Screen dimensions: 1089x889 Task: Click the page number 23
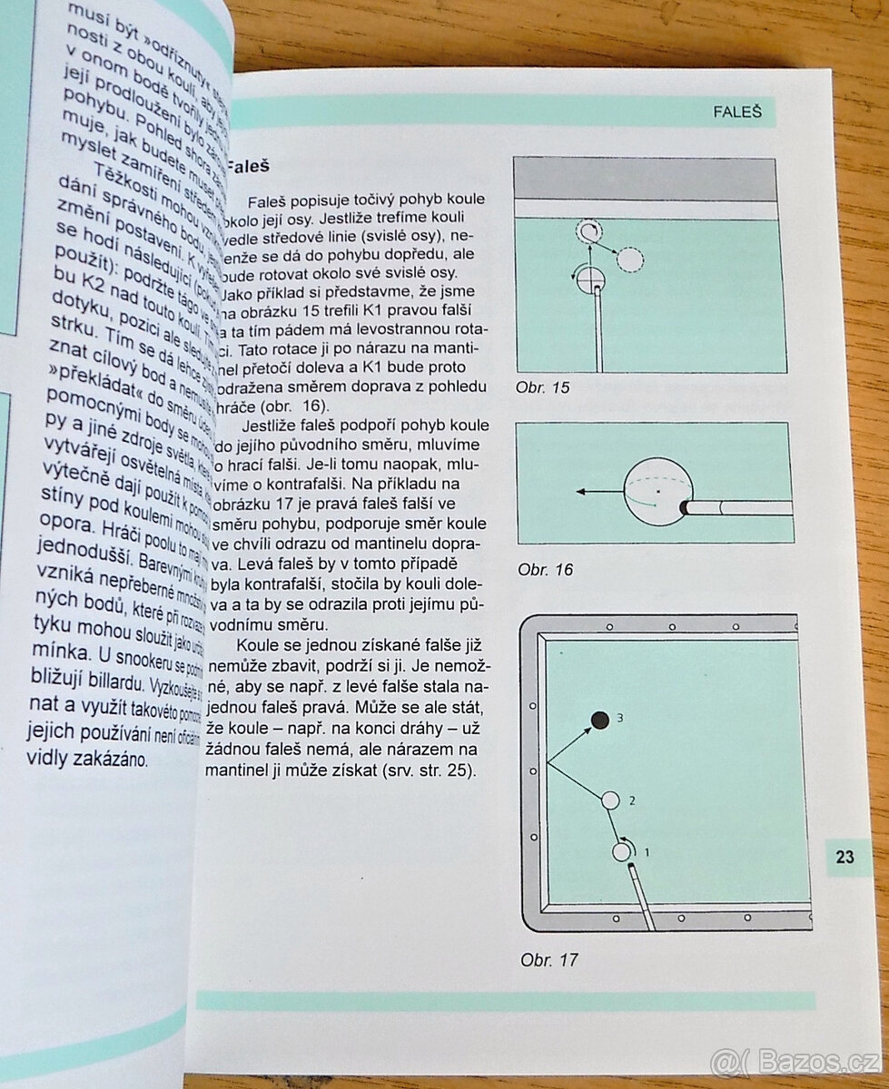coord(845,856)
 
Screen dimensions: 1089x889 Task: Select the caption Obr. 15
coord(543,388)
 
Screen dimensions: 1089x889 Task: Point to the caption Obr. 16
coord(545,570)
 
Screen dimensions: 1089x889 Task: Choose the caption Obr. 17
coord(548,959)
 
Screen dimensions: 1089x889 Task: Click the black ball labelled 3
coord(599,720)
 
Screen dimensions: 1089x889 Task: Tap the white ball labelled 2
coord(610,800)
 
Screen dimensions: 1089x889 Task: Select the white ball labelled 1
coord(622,851)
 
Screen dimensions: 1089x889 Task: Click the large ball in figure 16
coord(657,492)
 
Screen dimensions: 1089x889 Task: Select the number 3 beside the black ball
coord(621,718)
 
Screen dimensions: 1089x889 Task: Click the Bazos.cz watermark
coord(796,1060)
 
